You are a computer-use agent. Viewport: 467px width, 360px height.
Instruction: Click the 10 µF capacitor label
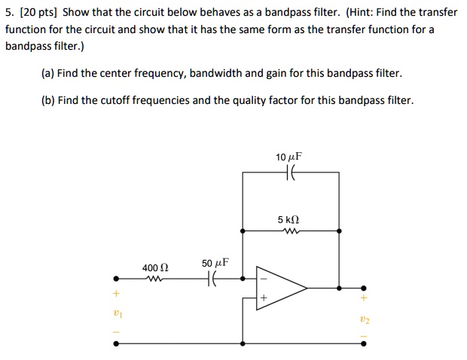[x=288, y=157]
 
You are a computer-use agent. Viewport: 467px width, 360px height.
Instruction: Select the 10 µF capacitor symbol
[x=290, y=173]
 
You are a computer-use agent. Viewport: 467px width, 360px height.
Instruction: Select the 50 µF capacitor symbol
[x=214, y=279]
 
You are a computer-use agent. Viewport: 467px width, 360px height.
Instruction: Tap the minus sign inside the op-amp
[x=264, y=278]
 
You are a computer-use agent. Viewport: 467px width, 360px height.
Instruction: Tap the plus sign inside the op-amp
[x=264, y=298]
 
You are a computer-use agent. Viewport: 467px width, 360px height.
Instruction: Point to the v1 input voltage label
[x=115, y=312]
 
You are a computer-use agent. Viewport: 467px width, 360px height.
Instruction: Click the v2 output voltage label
[x=365, y=319]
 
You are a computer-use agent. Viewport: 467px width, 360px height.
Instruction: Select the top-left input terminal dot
[x=115, y=279]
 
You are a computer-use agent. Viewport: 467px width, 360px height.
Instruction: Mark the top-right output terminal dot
[x=365, y=288]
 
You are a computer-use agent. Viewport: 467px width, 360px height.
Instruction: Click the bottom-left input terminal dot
[x=115, y=343]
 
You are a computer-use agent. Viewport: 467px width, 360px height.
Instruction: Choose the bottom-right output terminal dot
[x=365, y=343]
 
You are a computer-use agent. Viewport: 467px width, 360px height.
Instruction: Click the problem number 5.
[x=8, y=14]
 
